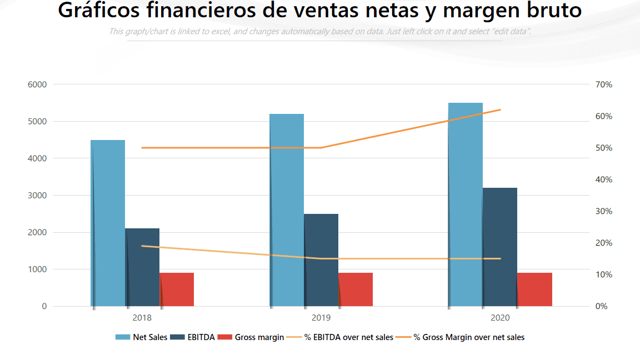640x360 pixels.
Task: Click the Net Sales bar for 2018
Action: (x=108, y=222)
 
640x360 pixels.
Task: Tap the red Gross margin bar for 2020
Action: (x=534, y=289)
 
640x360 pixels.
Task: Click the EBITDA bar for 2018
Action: (x=142, y=267)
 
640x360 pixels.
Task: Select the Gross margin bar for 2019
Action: (x=356, y=289)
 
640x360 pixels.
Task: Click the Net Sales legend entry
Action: (x=141, y=337)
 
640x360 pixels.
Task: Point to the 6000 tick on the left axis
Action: (x=37, y=84)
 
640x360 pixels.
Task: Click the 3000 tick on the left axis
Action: (x=37, y=196)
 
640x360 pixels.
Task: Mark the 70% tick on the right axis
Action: (x=603, y=84)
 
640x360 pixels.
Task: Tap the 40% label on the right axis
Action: (x=603, y=179)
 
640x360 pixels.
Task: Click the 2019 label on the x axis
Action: (x=321, y=318)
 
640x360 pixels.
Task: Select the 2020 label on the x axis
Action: (x=500, y=318)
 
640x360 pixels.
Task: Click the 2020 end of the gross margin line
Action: (x=501, y=110)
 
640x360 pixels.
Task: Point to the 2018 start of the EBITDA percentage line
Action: (x=142, y=246)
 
